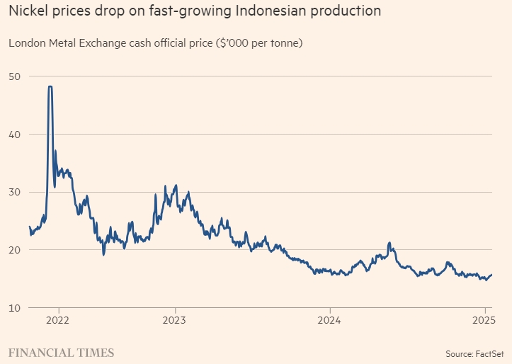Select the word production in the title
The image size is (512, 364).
[x=342, y=11]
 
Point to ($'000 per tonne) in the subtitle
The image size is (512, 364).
[x=259, y=43]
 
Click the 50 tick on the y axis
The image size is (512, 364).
[x=14, y=76]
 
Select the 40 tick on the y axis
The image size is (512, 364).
[x=14, y=135]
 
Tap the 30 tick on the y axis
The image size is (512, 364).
[x=14, y=192]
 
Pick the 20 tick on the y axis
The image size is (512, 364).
[x=14, y=250]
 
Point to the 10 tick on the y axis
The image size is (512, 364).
[x=14, y=307]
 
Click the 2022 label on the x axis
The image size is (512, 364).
[x=58, y=319]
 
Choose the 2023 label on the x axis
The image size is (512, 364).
[x=174, y=319]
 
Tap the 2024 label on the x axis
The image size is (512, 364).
[x=330, y=319]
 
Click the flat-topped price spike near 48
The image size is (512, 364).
[x=50, y=86]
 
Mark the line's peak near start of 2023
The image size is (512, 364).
[x=176, y=186]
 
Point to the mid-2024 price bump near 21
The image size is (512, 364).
[x=389, y=243]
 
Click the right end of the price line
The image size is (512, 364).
[x=491, y=275]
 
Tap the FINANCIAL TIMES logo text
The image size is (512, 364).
[x=61, y=352]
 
